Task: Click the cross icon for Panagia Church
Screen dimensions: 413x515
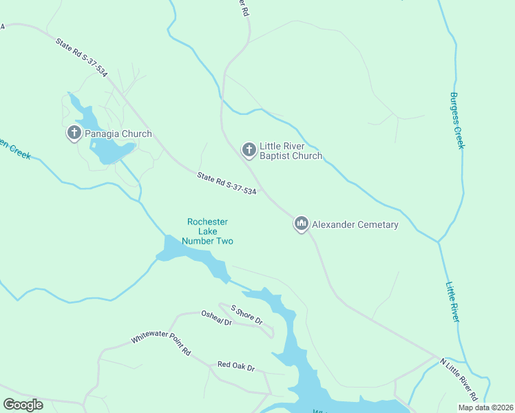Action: click(74, 133)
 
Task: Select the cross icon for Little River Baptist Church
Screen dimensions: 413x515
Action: click(249, 149)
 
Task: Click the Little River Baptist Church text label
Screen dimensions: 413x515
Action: click(290, 151)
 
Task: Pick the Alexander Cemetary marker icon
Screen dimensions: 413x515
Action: click(301, 224)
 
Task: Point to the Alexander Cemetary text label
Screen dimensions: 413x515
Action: click(355, 224)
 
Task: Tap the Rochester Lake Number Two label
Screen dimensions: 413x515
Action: click(207, 231)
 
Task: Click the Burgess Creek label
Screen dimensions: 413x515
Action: click(457, 120)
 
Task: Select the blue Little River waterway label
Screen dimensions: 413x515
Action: click(453, 302)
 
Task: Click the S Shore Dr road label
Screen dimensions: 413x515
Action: click(247, 316)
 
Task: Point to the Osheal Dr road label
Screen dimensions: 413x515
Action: click(216, 323)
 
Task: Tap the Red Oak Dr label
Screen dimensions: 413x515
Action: click(236, 366)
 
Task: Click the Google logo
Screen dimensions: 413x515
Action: click(23, 404)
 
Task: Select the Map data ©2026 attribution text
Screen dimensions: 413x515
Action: click(485, 407)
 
